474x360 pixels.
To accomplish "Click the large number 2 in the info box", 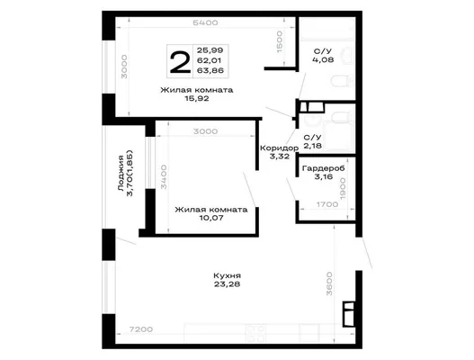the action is point(181,62).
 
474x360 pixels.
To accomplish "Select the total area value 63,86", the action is point(210,71).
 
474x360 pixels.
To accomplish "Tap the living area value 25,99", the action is point(210,50).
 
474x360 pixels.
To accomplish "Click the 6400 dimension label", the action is point(205,22).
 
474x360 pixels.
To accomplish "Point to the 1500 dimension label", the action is point(280,41).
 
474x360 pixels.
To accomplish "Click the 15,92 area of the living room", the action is point(197,98).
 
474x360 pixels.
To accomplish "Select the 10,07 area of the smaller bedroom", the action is point(211,218).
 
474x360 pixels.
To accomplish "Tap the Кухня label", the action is point(227,276).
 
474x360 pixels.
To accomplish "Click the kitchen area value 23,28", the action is point(227,284).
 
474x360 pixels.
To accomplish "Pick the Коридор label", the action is point(280,148).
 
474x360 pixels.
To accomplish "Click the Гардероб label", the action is point(324,168).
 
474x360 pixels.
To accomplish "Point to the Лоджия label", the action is point(121,173).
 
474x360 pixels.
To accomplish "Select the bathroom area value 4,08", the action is point(323,59).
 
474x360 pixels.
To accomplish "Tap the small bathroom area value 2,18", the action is point(313,146).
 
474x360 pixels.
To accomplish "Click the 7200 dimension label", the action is point(141,329).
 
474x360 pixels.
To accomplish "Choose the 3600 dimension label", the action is point(329,283).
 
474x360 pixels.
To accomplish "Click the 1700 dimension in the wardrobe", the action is point(327,204).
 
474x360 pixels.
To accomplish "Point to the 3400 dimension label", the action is point(164,176).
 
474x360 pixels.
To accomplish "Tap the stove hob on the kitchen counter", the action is point(255,333).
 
